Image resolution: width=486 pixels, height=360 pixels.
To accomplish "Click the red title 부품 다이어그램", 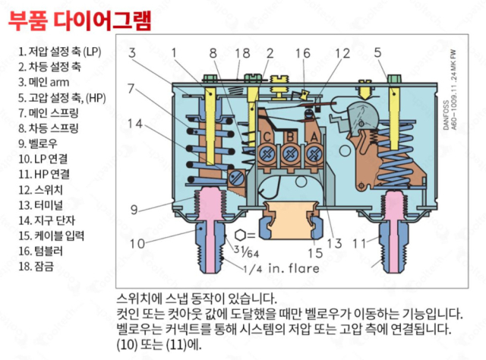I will point(80,20).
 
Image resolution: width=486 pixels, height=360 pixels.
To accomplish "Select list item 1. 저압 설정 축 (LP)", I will point(58,52).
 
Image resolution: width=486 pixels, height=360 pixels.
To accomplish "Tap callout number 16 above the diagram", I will point(303,53).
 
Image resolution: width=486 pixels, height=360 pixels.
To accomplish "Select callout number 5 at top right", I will point(377,53).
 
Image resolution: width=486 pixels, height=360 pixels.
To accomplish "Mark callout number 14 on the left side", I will point(135,123).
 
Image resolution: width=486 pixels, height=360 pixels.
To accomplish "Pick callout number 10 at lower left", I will point(137,244).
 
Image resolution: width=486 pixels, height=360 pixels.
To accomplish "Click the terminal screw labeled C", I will point(267,153).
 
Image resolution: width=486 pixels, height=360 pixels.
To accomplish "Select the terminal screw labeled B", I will point(290,153).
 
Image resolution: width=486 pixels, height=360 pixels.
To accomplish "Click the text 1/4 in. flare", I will point(281,268).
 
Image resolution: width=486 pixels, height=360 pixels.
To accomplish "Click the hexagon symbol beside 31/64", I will point(241,235).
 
